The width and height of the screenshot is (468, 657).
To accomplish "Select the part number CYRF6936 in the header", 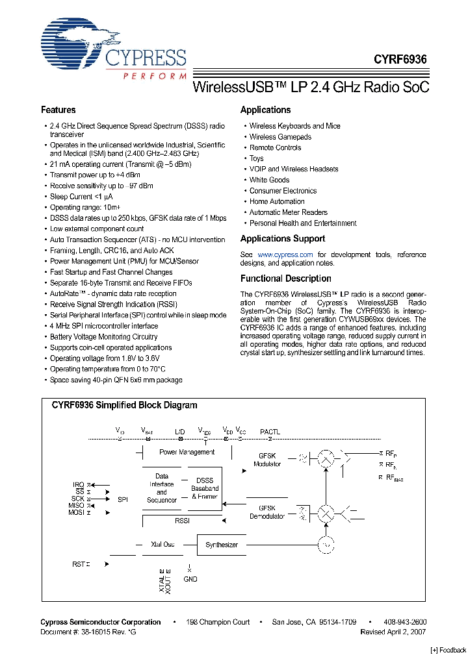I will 400,58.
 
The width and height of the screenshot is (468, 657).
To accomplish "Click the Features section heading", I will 58,110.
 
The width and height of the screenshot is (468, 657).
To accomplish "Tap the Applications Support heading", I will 282,238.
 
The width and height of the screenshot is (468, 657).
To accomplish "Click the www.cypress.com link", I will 285,254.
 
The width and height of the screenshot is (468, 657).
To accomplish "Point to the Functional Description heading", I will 285,279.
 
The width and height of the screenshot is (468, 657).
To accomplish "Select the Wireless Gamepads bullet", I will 280,137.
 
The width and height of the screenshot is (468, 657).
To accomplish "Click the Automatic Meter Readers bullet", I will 288,212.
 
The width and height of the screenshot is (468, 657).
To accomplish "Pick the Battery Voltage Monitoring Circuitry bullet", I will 103,337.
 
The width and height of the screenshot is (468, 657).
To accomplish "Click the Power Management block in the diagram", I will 187,452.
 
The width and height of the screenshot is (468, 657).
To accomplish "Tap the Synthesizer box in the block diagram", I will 222,545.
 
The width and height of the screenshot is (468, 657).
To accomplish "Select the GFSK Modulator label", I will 268,460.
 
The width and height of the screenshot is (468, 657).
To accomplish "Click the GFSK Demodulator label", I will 267,513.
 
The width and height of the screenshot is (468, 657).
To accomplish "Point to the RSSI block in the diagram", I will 182,521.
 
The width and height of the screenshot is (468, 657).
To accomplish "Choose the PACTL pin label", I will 270,431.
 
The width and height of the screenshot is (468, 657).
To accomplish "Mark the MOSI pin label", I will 76,512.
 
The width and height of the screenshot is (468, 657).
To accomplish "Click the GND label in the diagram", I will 190,579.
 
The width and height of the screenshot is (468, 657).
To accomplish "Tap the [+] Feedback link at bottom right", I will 448,650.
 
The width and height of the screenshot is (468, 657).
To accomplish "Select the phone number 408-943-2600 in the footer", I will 404,622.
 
